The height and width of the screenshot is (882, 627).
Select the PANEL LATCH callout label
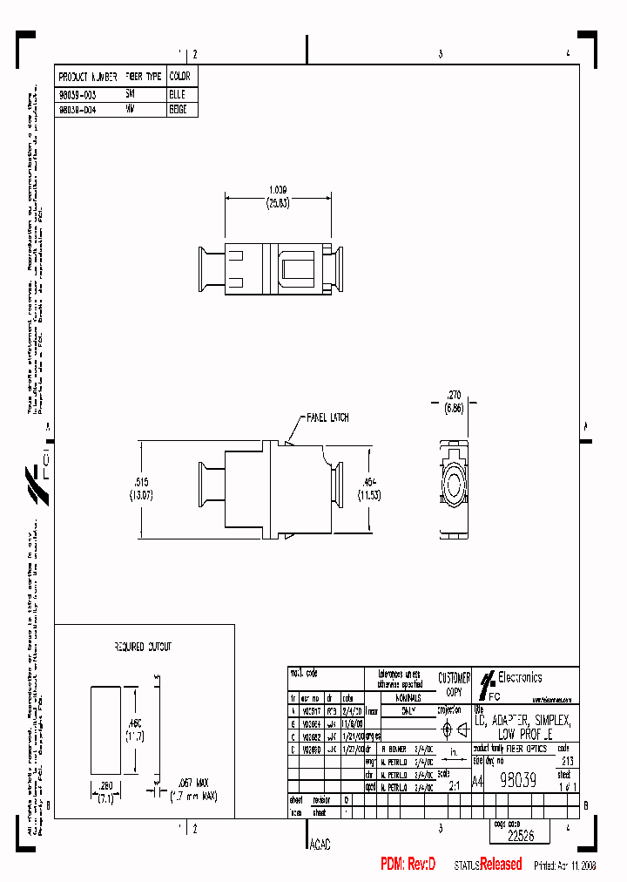[x=327, y=417]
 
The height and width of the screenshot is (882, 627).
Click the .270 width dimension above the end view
[x=454, y=395]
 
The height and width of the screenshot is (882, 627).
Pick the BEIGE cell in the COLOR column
[x=178, y=111]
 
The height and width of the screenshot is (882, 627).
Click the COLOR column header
[x=179, y=77]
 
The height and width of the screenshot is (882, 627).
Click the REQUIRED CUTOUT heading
[x=143, y=647]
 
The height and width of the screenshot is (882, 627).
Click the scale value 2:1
[x=454, y=784]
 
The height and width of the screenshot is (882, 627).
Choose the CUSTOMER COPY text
[x=454, y=683]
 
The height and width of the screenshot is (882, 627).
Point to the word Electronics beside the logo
[x=520, y=677]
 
